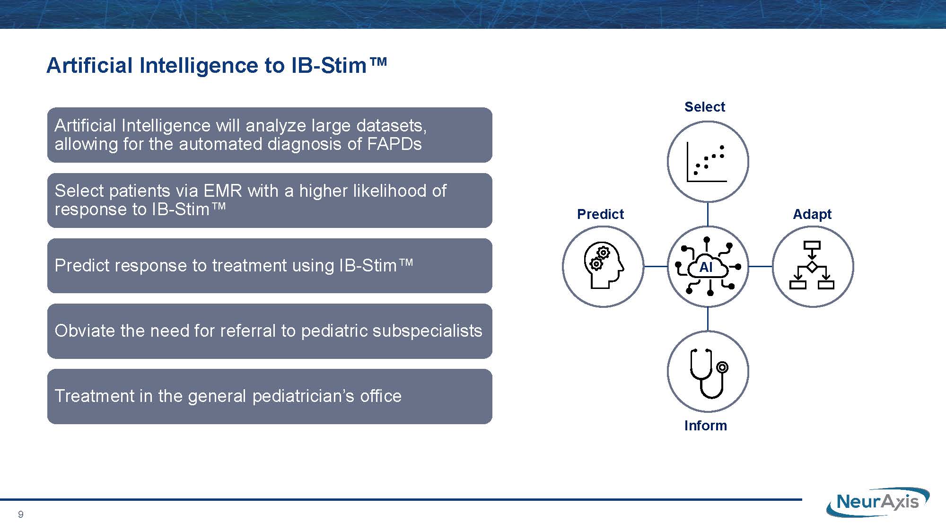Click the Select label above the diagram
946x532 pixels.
[704, 107]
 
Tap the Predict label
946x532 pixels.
[600, 214]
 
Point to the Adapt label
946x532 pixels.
[812, 214]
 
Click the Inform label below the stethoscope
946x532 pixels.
[705, 426]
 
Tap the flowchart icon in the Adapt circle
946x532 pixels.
[812, 265]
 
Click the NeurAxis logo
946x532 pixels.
[878, 502]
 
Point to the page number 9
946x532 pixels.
[20, 515]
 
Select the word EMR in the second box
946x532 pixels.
[223, 191]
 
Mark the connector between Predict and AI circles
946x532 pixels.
[656, 267]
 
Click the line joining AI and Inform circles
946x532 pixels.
[708, 319]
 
